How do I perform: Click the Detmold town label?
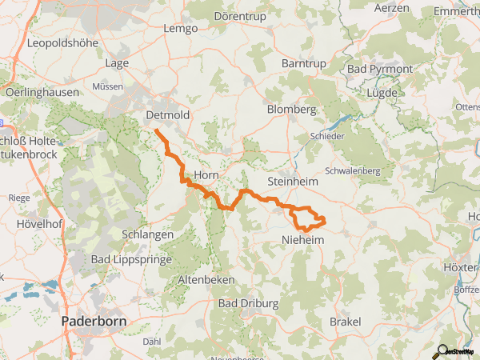click(x=169, y=115)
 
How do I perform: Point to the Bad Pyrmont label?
click(x=380, y=70)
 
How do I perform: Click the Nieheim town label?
click(x=302, y=238)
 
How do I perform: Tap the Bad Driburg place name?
click(x=248, y=304)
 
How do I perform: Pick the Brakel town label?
click(x=345, y=321)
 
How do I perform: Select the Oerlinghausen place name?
click(x=42, y=92)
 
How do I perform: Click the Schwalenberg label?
click(x=356, y=170)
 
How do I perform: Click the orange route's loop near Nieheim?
click(x=308, y=218)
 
